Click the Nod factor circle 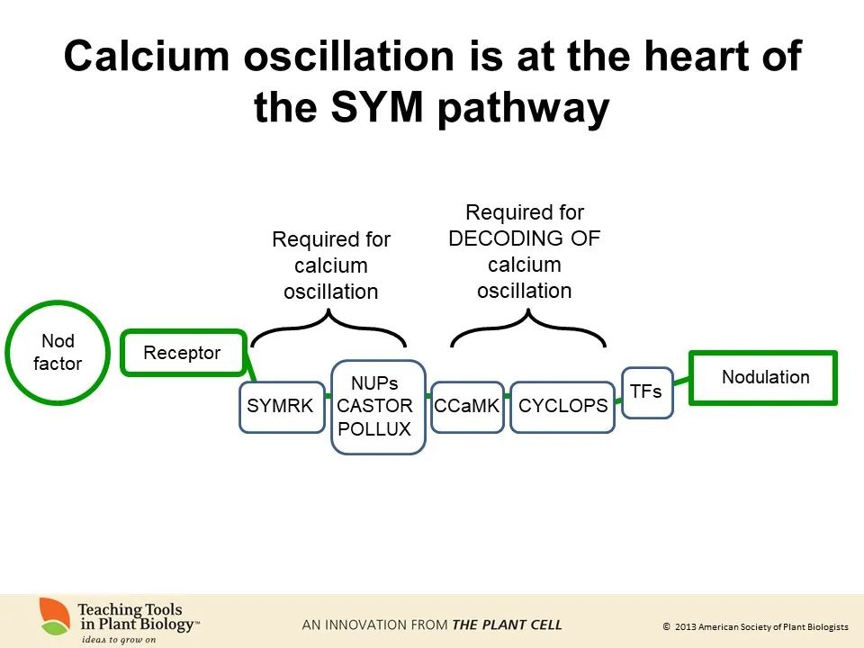click(58, 353)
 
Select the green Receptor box click(184, 353)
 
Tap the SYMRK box click(281, 407)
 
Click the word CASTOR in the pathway click(374, 406)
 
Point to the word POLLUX click(374, 428)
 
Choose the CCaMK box click(466, 407)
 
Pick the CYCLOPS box click(562, 407)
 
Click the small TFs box click(646, 392)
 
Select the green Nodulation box click(764, 378)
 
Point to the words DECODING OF click(524, 239)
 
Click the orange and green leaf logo click(55, 616)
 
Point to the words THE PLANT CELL click(507, 625)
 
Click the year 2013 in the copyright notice click(685, 626)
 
